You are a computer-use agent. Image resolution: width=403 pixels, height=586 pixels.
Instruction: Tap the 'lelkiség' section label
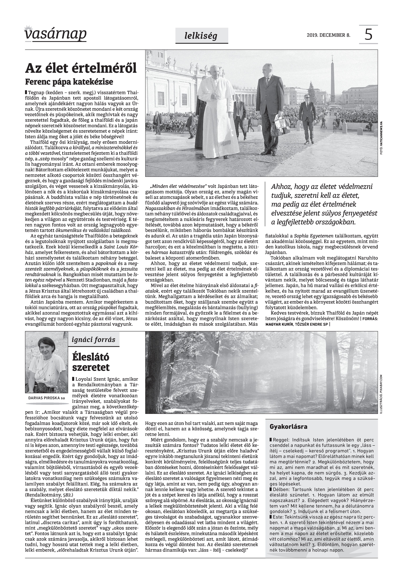point(201,36)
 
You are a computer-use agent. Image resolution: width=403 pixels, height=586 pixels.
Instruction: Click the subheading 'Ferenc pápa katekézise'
point(69,82)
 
